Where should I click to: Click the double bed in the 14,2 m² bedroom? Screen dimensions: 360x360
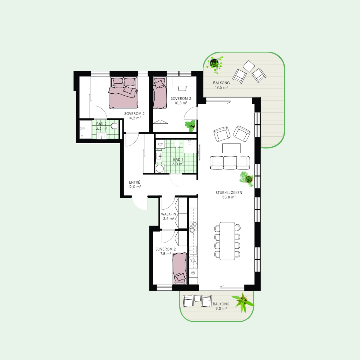pos(123,92)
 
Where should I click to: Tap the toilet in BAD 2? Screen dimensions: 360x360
pos(114,126)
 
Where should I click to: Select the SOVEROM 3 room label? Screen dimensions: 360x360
pos(181,98)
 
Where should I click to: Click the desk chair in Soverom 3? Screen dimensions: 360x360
pos(182,88)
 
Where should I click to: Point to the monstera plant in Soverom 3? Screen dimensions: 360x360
pos(190,126)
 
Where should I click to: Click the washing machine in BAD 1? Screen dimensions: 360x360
pos(160,169)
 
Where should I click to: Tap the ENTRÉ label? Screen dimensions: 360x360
pos(134,182)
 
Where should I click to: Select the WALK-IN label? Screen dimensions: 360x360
pos(169,214)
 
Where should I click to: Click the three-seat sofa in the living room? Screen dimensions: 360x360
pos(230,163)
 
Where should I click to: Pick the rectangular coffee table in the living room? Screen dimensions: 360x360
pos(232,148)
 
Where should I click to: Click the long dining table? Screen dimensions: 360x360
pos(227,241)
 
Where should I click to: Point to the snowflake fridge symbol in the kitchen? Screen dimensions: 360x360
pos(193,273)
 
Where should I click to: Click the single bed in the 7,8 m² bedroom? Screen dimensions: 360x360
pos(180,268)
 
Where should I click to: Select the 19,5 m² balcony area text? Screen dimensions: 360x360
pos(221,87)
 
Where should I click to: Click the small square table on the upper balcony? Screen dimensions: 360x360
pos(249,66)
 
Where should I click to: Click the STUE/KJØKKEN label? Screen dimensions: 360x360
pos(229,193)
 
